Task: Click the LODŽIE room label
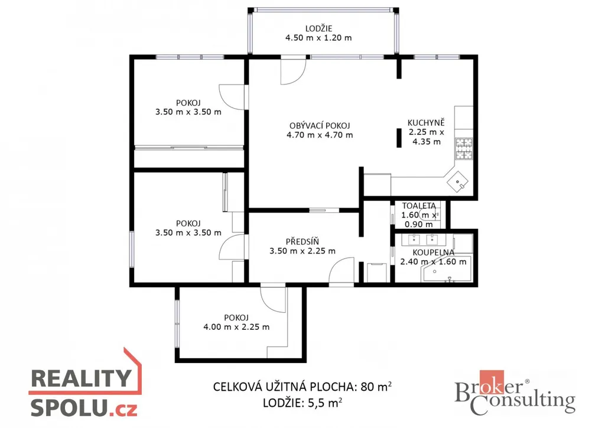tap(318, 28)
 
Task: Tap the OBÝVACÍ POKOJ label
tap(320, 125)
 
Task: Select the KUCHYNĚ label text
tap(426, 123)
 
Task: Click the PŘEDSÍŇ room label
tap(302, 242)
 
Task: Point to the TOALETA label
tap(419, 206)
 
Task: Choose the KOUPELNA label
tap(433, 252)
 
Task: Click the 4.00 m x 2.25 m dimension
tap(236, 327)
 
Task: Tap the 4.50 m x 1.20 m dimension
tap(318, 38)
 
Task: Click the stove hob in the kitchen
tap(464, 149)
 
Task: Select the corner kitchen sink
tap(458, 181)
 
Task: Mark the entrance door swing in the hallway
tap(341, 271)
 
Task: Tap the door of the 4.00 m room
tap(273, 300)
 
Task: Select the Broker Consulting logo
tap(515, 393)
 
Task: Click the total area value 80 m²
tap(376, 386)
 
